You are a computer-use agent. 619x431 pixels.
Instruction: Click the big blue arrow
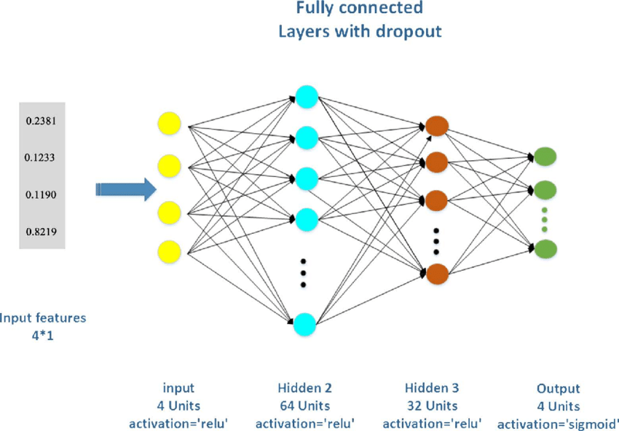(x=126, y=190)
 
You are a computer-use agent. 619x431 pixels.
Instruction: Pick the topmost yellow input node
(x=169, y=123)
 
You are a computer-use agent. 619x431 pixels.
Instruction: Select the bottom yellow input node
(x=169, y=251)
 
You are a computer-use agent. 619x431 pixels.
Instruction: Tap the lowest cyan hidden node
(x=305, y=323)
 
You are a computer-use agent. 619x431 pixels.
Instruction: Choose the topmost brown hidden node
(x=436, y=124)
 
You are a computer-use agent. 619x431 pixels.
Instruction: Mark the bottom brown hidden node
(x=436, y=274)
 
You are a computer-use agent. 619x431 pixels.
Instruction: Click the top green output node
(x=545, y=155)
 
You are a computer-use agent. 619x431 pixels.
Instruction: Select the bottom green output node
(x=545, y=249)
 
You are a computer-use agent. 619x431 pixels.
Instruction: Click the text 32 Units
(x=432, y=406)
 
